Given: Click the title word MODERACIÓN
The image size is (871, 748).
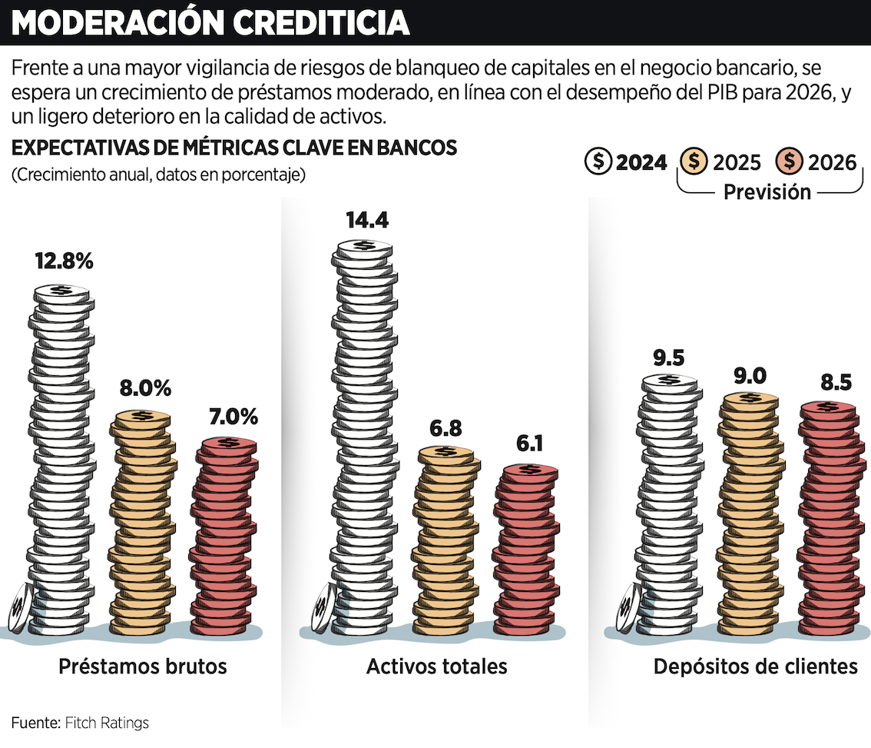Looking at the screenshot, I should tap(118, 23).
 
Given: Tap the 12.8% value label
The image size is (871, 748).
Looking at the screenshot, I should tap(64, 261).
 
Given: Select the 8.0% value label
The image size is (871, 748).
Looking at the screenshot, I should tap(144, 388).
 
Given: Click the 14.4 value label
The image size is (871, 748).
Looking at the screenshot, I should tap(367, 220).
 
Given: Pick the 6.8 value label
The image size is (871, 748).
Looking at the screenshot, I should tap(445, 428).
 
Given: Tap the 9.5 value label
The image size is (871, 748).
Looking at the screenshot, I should tap(669, 357).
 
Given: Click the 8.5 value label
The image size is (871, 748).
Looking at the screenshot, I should tap(834, 383).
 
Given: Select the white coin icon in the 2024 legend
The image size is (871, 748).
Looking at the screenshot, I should tap(598, 161).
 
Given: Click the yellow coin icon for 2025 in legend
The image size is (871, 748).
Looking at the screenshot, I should tap(694, 161).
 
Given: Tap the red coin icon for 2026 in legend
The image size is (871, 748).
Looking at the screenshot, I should tap(790, 161).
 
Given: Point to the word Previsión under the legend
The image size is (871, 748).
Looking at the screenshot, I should tap(767, 192).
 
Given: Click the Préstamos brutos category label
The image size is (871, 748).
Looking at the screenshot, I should tap(143, 666).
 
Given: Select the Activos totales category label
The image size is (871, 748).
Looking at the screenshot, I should tap(436, 666).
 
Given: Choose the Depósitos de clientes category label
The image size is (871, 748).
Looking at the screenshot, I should tap(755, 666).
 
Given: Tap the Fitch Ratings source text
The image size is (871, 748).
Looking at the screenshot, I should tap(107, 723).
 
